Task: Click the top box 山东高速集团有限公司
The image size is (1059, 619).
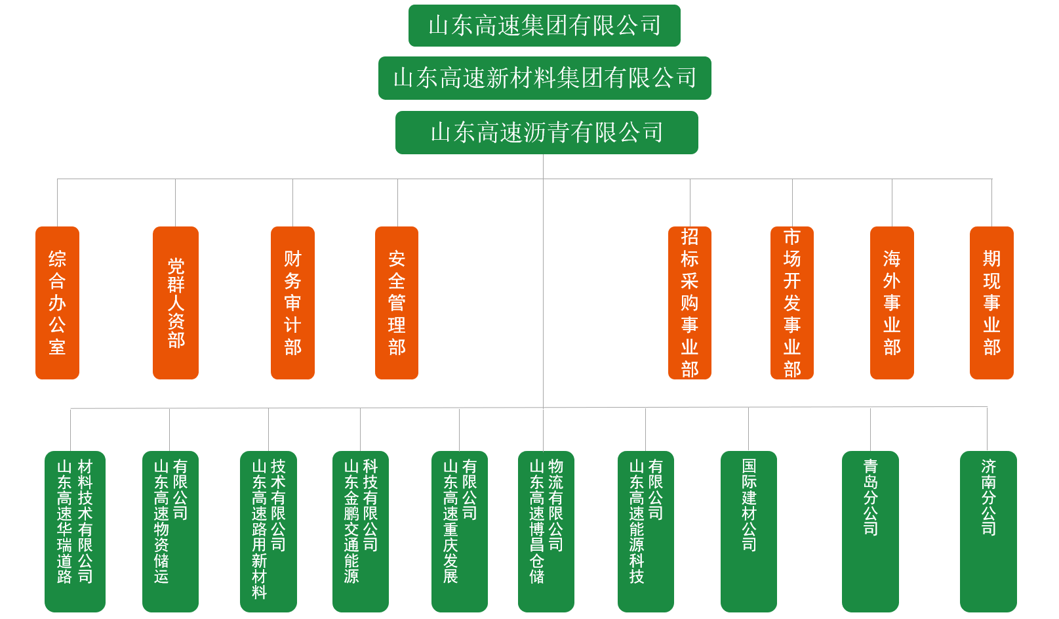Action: pyautogui.click(x=544, y=26)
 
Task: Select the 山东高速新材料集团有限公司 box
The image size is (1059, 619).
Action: pyautogui.click(x=544, y=78)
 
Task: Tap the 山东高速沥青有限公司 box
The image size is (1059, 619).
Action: pyautogui.click(x=546, y=133)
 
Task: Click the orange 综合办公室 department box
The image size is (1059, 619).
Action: pyautogui.click(x=57, y=303)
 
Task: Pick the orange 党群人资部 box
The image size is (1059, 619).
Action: pyautogui.click(x=176, y=303)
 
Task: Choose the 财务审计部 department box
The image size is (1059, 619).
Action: pyautogui.click(x=292, y=303)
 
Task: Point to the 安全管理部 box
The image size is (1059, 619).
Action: pyautogui.click(x=397, y=303)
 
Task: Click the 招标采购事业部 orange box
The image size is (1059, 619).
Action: pyautogui.click(x=689, y=303)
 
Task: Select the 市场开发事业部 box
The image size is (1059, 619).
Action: pyautogui.click(x=792, y=303)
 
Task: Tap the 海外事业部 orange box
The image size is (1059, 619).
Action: pyautogui.click(x=892, y=303)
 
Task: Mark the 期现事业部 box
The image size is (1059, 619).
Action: pyautogui.click(x=991, y=303)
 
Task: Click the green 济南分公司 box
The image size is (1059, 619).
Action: pyautogui.click(x=988, y=531)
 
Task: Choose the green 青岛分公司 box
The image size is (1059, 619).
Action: pyautogui.click(x=870, y=531)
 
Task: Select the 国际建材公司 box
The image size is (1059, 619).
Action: pyautogui.click(x=749, y=531)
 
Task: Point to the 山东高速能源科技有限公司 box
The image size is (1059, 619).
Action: pyautogui.click(x=646, y=531)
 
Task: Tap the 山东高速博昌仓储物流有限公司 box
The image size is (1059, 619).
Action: pyautogui.click(x=546, y=531)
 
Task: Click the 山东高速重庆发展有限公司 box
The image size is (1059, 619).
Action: pyautogui.click(x=460, y=531)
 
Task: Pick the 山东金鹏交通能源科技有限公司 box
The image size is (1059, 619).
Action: pyautogui.click(x=361, y=531)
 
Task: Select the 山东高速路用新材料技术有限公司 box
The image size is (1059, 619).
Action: pyautogui.click(x=268, y=531)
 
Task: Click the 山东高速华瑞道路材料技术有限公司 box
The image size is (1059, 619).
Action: pyautogui.click(x=75, y=531)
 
